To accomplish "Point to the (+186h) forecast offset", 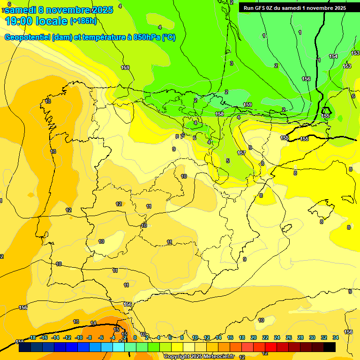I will (83, 21).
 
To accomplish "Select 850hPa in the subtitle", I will (145, 37).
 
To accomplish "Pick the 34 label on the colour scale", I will (336, 337).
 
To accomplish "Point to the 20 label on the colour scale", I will (254, 337).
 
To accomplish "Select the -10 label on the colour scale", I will (78, 337).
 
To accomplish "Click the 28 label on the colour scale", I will (300, 337).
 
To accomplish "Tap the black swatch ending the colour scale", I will (330, 347).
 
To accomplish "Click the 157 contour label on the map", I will (241, 153).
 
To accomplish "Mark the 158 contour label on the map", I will (219, 114).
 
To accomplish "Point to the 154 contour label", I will (333, 56).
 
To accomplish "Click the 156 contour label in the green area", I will (306, 79).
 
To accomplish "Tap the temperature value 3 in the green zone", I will (231, 63).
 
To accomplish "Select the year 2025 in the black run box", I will (338, 8).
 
